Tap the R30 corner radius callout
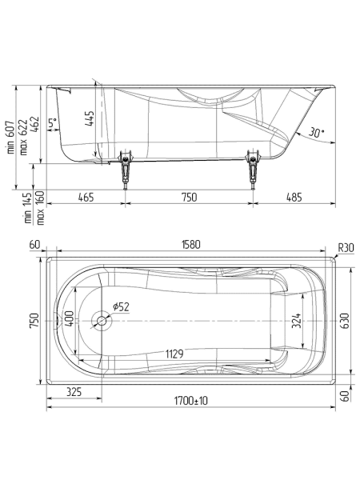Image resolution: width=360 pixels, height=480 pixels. pos(346,247)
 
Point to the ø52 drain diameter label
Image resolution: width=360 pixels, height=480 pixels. pos(122,306)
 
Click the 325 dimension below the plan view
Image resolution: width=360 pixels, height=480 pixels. pos(74,392)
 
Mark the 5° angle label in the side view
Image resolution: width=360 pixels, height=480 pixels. pos(52,123)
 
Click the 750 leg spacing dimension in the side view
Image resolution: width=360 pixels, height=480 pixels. pos(189,197)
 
